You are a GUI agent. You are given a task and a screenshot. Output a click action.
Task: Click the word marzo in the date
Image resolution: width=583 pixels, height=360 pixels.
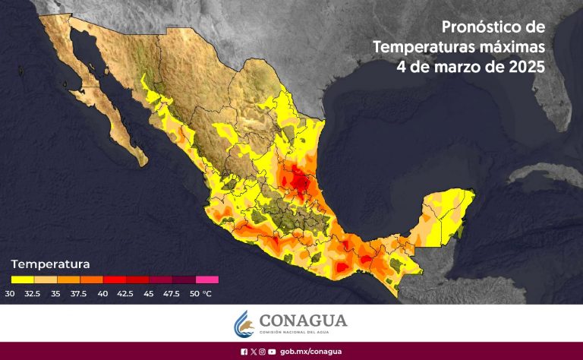pyautogui.click(x=454, y=66)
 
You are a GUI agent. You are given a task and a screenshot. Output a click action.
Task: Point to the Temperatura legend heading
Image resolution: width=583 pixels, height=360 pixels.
pyautogui.click(x=51, y=264)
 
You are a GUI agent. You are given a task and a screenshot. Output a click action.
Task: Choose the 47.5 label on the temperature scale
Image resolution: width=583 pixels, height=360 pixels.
pyautogui.click(x=172, y=292)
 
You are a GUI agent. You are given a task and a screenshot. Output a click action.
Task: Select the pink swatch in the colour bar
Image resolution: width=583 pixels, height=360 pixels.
pyautogui.click(x=206, y=279)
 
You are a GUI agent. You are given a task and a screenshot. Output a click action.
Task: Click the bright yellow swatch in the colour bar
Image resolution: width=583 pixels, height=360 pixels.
pyautogui.click(x=23, y=279)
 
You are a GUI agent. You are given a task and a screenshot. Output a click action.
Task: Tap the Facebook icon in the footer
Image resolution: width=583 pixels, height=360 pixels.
pyautogui.click(x=244, y=352)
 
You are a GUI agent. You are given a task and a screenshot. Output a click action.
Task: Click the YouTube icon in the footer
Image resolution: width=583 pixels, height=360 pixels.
pyautogui.click(x=271, y=352)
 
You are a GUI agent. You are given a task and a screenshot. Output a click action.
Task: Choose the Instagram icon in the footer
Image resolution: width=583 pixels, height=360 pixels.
pyautogui.click(x=262, y=352)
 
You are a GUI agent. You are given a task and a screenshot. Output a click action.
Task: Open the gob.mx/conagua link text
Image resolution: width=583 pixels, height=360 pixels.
pyautogui.click(x=310, y=352)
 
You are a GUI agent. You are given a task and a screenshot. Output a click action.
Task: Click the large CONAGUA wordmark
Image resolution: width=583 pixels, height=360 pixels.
pyautogui.click(x=303, y=320)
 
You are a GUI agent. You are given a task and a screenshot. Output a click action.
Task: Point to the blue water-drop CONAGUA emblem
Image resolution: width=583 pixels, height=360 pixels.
pyautogui.click(x=244, y=324)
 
